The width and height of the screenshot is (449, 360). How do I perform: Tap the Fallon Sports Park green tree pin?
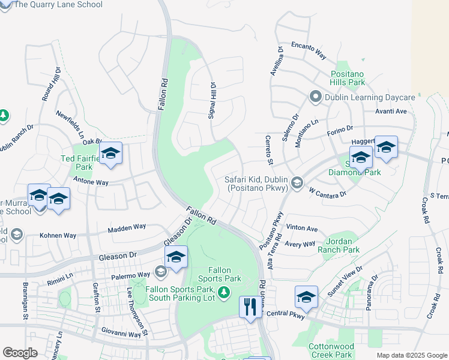point(224,292)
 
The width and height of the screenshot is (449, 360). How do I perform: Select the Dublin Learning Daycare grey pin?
point(314,97)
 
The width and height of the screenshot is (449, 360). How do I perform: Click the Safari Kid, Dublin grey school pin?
point(296,182)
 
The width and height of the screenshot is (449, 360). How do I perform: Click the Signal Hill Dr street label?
point(211,101)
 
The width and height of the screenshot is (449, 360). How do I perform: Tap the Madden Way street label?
point(127,227)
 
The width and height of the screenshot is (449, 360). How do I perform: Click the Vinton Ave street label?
point(302,229)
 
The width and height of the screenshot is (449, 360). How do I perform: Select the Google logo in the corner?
point(20,353)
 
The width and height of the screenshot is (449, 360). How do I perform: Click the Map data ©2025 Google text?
point(412,355)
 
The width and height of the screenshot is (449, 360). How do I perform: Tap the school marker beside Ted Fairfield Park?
point(110,154)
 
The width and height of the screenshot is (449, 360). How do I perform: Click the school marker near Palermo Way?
point(176,257)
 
